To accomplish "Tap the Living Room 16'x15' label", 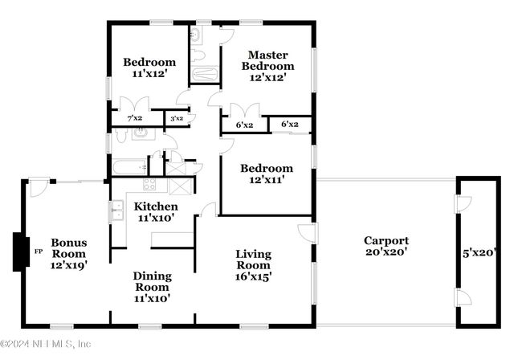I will [253, 265].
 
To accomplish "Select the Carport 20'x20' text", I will [386, 247].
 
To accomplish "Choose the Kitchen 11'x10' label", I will [156, 212].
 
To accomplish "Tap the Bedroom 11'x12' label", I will [149, 68].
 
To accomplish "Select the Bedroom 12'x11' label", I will [267, 174].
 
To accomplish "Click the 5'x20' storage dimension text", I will [479, 252].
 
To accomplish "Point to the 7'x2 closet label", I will [134, 118].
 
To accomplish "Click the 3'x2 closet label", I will [175, 118].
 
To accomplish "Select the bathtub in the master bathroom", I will [204, 75].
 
